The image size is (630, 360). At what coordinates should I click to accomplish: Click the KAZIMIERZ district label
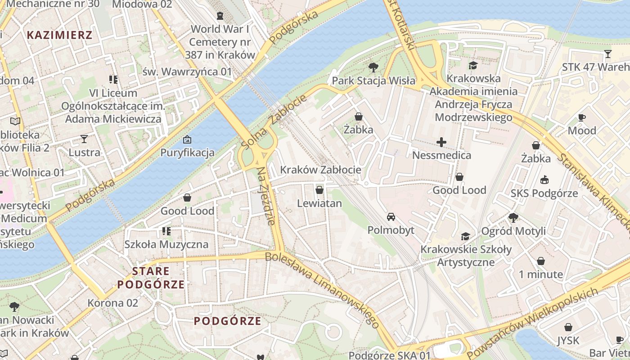tap(59, 35)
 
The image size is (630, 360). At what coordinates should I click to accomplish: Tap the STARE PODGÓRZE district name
tap(151, 278)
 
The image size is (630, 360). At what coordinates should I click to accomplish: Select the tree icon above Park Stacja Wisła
tap(373, 68)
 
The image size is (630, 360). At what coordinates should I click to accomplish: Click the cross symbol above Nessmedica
tap(441, 143)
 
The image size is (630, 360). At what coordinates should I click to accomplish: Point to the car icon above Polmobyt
tap(391, 217)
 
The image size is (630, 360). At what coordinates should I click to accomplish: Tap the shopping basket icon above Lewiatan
tap(319, 190)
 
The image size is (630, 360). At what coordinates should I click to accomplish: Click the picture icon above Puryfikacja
tap(187, 140)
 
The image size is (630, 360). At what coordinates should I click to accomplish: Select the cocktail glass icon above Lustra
tap(84, 139)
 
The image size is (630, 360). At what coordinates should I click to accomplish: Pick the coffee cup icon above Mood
tap(582, 118)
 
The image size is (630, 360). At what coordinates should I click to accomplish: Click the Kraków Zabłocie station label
tap(320, 170)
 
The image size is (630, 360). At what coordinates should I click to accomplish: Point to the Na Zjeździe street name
tap(266, 196)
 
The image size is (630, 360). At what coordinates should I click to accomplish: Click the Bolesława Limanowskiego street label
tap(322, 288)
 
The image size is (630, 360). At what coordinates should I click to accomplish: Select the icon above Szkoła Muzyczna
tap(166, 231)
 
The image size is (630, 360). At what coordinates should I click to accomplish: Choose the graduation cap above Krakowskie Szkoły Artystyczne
tap(466, 236)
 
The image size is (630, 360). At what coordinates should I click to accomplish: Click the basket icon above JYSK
tap(568, 327)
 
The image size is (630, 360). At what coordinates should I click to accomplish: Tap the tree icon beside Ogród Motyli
tap(513, 218)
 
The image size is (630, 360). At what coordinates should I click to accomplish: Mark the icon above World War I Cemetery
tap(220, 16)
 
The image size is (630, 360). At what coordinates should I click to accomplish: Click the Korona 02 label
tap(112, 303)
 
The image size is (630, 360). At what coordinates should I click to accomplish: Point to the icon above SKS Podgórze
tap(544, 180)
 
